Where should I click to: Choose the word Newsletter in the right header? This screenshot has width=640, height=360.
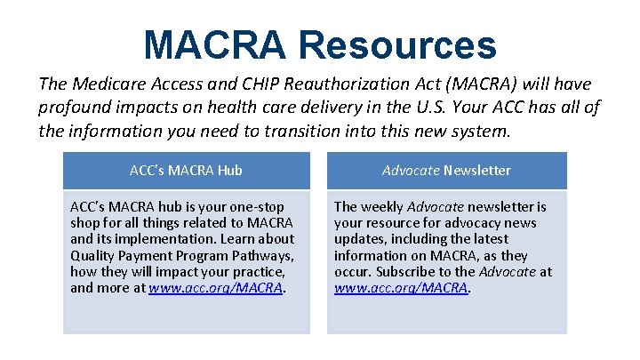click(x=477, y=170)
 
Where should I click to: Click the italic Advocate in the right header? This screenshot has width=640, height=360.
click(x=411, y=170)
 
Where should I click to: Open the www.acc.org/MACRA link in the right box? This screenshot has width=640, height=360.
click(x=401, y=288)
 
